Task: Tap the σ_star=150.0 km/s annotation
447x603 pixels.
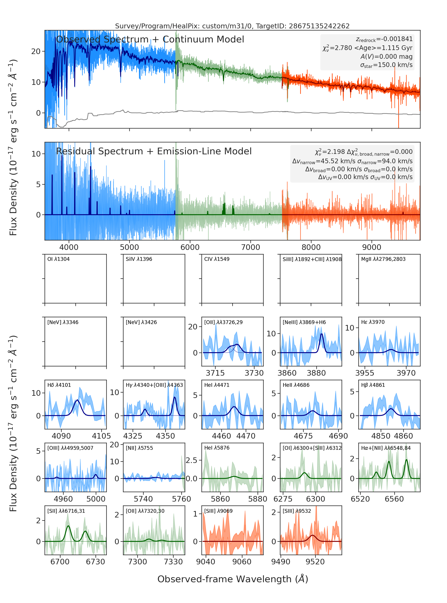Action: point(386,65)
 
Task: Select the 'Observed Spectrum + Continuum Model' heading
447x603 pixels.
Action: point(150,40)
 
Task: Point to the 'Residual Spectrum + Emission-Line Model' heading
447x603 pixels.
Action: point(154,151)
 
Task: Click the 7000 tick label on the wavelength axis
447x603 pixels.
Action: point(251,247)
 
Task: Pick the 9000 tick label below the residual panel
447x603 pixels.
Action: point(372,247)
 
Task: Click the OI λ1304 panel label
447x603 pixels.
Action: point(59,259)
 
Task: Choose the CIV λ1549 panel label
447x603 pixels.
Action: point(217,259)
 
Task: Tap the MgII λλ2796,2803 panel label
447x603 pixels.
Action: point(383,259)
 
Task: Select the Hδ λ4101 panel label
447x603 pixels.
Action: point(59,385)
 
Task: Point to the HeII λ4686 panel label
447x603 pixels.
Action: point(296,385)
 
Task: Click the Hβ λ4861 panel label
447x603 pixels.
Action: point(373,385)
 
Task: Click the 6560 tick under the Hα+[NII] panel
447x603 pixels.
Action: point(394,499)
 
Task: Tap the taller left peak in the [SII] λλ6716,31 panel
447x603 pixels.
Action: point(68,526)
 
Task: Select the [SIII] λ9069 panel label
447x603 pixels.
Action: point(218,511)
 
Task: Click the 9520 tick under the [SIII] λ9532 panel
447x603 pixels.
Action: point(315,562)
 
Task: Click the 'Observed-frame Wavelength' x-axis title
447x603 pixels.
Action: point(233,579)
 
